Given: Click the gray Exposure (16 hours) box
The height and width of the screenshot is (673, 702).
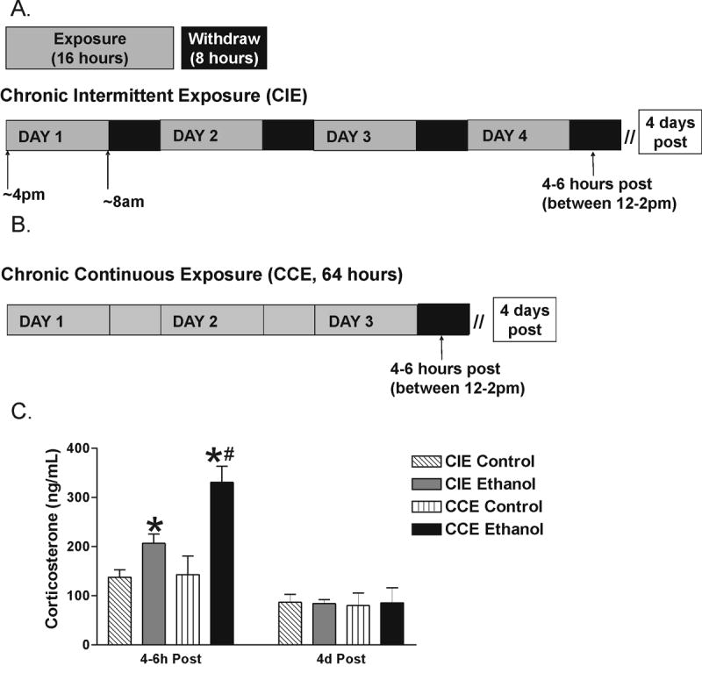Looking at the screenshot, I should pos(90,47).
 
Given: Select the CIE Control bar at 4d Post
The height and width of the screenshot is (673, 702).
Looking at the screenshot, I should pos(290,622).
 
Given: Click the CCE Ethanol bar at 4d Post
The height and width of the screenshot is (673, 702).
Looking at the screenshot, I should pos(392,622).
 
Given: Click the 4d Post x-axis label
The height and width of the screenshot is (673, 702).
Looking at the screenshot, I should pos(340,659).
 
